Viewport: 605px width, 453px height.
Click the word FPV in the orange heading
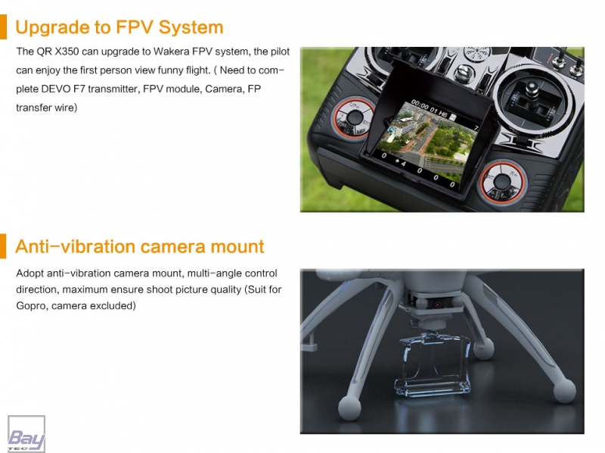(134, 27)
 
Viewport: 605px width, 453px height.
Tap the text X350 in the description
(67, 52)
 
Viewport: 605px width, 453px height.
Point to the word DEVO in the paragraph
(55, 89)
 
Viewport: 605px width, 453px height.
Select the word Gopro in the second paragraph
(31, 306)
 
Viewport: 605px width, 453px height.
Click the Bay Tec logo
(26, 433)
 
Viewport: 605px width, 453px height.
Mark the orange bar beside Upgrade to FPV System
(3, 27)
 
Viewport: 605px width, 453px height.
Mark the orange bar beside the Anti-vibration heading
(3, 246)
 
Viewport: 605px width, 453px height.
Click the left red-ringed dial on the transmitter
(354, 117)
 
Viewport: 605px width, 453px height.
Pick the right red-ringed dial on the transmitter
(502, 182)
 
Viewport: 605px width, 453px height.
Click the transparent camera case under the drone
(433, 364)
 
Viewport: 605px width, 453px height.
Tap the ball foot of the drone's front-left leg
(349, 408)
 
